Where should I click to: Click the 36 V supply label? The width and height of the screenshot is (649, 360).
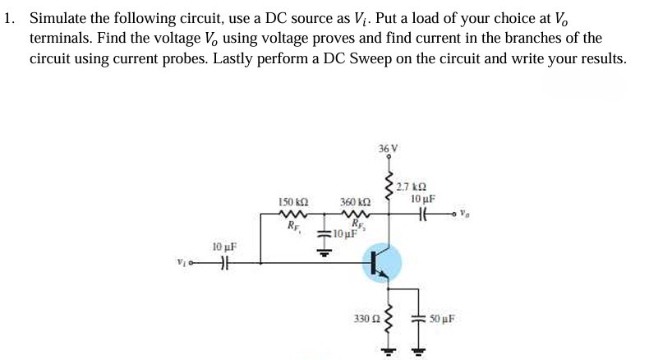tap(388, 149)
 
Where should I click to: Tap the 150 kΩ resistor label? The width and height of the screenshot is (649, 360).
tap(292, 201)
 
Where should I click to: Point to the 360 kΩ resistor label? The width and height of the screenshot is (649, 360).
tap(354, 201)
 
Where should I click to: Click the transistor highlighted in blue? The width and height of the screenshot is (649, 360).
tap(380, 263)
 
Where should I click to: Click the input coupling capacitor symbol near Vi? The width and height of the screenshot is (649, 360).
tap(221, 263)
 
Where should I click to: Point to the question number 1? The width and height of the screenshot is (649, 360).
tap(9, 20)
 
